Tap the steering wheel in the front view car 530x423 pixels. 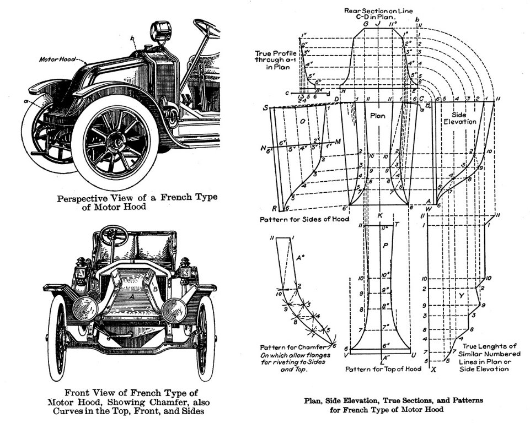pyautogui.click(x=114, y=234)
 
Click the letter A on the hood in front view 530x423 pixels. pyautogui.click(x=131, y=296)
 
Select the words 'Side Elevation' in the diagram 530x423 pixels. pyautogui.click(x=460, y=117)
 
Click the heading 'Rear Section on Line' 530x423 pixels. pyautogui.click(x=379, y=10)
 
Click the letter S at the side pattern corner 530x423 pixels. pyautogui.click(x=266, y=107)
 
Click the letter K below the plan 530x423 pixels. pyautogui.click(x=380, y=214)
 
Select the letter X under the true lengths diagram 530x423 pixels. pyautogui.click(x=435, y=369)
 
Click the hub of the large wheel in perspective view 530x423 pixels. pyautogui.click(x=118, y=142)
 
